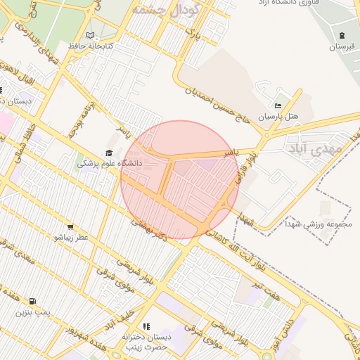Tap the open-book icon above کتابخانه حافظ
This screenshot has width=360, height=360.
pos(89,35)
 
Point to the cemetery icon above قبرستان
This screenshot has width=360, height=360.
pos(342,35)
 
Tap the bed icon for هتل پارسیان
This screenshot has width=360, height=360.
pos(278,105)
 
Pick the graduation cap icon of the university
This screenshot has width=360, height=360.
pos(109,153)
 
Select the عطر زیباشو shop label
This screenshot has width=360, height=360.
pos(71,238)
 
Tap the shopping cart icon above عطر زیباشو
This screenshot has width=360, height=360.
pos(70,226)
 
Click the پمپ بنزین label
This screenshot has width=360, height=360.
pos(34,311)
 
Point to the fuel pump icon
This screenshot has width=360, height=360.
pos(33,301)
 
